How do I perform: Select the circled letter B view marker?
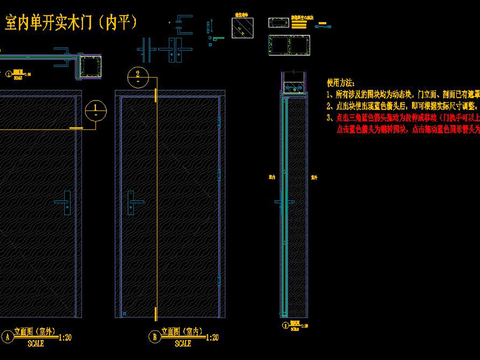point(153,335)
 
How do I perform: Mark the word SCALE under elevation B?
point(180,343)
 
